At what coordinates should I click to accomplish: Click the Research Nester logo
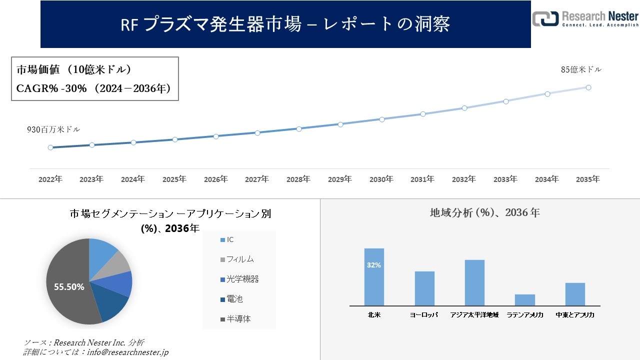point(585,19)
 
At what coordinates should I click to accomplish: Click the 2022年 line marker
point(50,147)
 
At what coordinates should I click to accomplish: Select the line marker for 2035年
point(588,87)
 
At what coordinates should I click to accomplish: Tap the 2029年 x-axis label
point(340,179)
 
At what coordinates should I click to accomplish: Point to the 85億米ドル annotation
point(581,70)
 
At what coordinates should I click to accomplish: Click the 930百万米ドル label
point(53,129)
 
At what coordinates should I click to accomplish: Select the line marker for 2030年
point(381,119)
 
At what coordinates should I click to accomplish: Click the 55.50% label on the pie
point(69,286)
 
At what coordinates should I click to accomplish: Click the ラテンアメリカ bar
point(524,300)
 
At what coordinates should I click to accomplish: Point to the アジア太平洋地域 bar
point(474,282)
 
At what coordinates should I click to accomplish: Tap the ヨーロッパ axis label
point(424,315)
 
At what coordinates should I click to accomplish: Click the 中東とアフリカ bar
point(575,294)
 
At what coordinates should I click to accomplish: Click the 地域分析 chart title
point(484,212)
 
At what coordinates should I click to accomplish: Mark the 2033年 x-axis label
point(505,179)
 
